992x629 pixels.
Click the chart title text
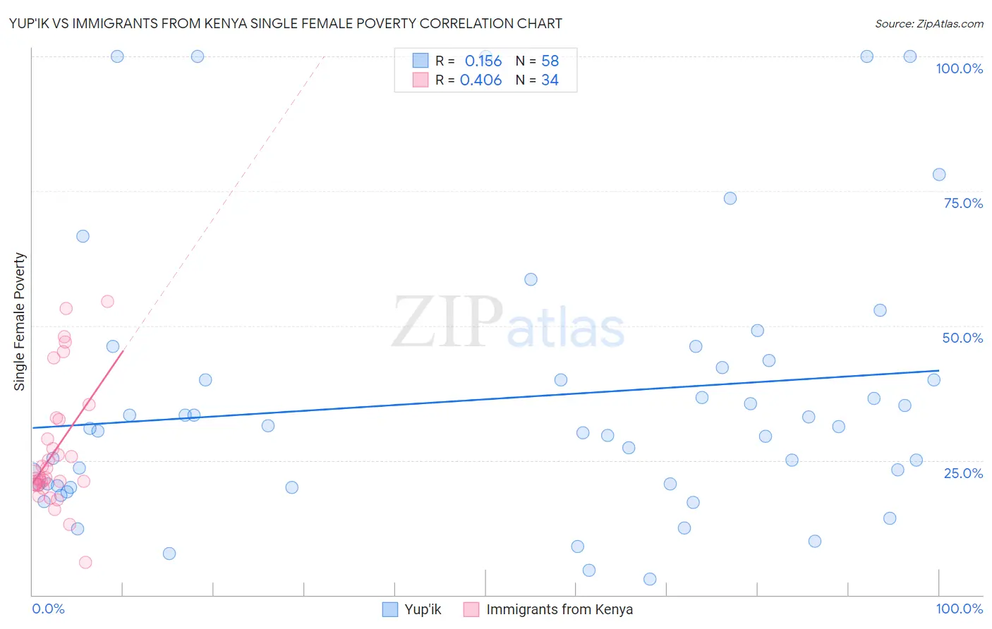coord(286,23)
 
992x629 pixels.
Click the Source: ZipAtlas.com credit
coord(929,23)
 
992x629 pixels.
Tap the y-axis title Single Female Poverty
coord(20,322)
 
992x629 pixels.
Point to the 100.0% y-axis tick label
coord(959,68)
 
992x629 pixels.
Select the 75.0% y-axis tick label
coord(963,203)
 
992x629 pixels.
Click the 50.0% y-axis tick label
coord(962,338)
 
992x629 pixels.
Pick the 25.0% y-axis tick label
coord(963,473)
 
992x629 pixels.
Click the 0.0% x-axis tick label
coord(48,609)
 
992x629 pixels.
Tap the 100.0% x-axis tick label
coord(959,609)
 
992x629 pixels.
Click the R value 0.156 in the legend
coord(483,61)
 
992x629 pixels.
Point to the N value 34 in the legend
coord(550,80)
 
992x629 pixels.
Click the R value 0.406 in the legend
coord(480,80)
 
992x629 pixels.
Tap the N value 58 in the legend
coord(550,61)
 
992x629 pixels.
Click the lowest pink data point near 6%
coord(85,562)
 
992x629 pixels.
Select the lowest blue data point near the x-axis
coord(650,579)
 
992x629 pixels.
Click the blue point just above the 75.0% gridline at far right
coord(938,175)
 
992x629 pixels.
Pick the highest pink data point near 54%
coord(107,301)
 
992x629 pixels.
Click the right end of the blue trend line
coord(938,370)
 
